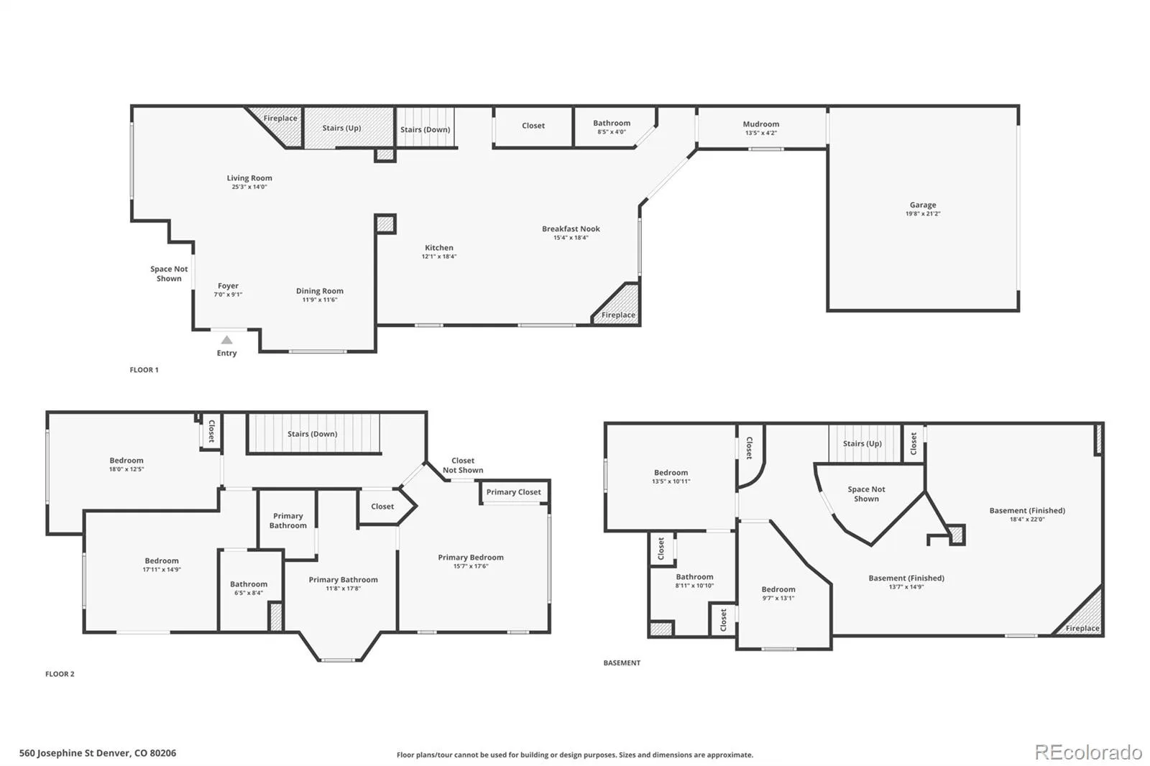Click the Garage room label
923,205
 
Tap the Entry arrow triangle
226,340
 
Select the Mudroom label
761,124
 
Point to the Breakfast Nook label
571,229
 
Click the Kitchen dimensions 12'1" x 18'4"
439,257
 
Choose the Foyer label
228,286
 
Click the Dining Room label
319,291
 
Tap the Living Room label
249,178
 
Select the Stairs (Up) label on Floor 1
341,128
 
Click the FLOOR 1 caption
144,369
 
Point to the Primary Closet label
513,492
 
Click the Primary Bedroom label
471,557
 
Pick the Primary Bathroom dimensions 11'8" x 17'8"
343,589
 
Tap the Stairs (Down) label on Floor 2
312,434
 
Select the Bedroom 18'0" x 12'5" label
126,461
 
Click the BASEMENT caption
622,663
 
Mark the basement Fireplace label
1082,628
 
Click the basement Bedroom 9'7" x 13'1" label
778,589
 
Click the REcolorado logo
1088,752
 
